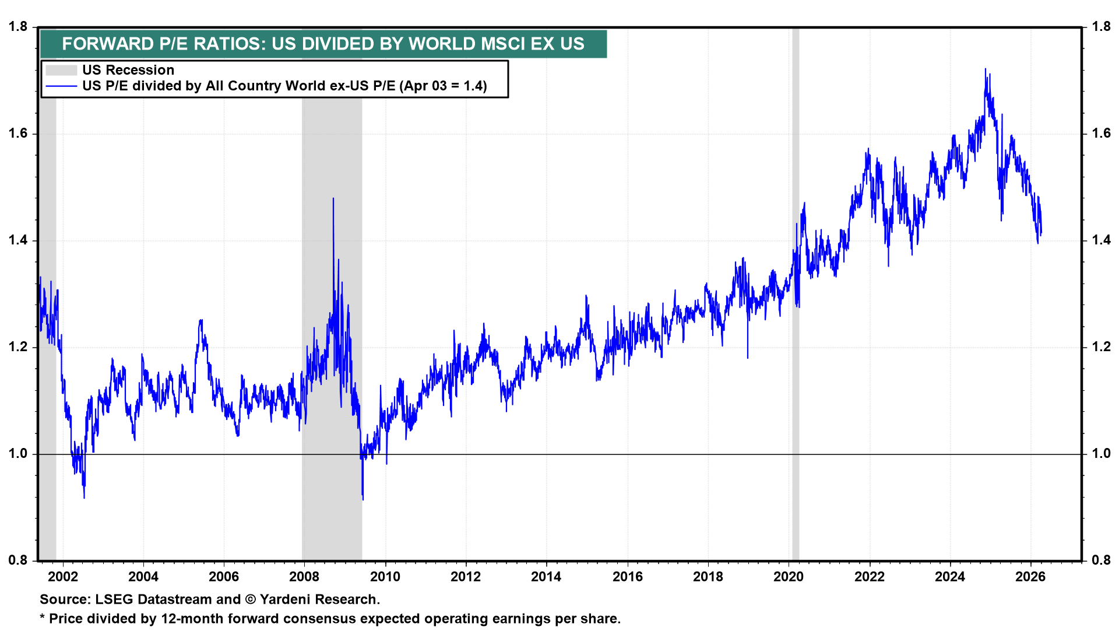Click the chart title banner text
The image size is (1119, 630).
pos(323,44)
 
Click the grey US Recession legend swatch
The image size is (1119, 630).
pos(61,70)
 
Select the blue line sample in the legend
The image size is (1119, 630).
pos(61,86)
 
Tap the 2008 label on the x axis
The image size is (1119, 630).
pos(304,577)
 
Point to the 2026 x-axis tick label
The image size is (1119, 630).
pos(1030,577)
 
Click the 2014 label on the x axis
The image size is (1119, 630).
pos(546,577)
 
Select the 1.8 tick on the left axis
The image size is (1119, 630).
pos(18,27)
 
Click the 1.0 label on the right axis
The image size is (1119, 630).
pos(1101,454)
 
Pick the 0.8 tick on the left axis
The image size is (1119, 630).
pos(18,561)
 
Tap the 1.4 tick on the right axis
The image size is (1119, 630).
pos(1101,240)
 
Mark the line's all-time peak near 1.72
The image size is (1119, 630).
pos(986,69)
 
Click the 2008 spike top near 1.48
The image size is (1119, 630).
pos(333,199)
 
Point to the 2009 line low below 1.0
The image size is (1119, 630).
pos(363,499)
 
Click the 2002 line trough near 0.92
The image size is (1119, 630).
pos(85,497)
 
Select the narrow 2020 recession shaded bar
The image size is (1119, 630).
pos(796,292)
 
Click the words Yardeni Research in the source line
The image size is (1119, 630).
pos(319,600)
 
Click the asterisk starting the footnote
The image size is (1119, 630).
pos(43,618)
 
